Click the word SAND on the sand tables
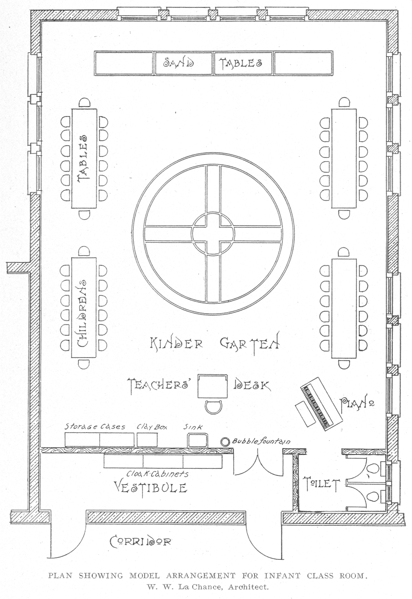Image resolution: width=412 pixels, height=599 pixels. tap(179, 63)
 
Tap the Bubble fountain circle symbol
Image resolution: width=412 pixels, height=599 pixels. tap(225, 441)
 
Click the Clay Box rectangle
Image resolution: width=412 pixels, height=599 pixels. tap(147, 439)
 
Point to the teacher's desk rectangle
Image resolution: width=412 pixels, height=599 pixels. tap(213, 386)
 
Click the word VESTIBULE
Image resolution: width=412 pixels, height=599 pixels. tap(151, 487)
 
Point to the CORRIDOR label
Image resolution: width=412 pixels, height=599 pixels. tap(141, 541)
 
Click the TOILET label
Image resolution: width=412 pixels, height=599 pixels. tap(322, 484)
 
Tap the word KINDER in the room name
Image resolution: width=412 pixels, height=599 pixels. tap(176, 343)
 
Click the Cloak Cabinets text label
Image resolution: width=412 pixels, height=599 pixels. tap(157, 474)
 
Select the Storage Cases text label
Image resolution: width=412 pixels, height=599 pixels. tap(95, 427)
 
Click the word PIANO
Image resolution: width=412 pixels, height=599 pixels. tap(357, 405)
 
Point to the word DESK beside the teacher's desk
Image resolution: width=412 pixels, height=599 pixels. tap(252, 385)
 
